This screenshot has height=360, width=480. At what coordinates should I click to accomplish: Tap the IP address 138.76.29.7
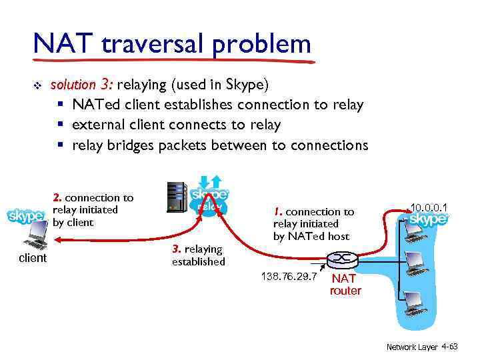[x=288, y=275]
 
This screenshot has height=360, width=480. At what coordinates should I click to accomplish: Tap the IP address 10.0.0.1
[x=429, y=207]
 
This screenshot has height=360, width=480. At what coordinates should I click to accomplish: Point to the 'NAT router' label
[x=345, y=285]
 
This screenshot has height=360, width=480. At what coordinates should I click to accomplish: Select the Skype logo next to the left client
[x=27, y=217]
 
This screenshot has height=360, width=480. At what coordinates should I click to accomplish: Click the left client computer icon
[x=33, y=235]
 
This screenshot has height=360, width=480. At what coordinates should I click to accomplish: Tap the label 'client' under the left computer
[x=32, y=258]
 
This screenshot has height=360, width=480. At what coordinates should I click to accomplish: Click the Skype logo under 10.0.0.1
[x=427, y=219]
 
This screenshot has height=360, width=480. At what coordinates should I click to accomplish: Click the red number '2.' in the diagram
[x=57, y=197]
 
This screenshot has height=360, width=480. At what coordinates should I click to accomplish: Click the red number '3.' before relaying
[x=177, y=249]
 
